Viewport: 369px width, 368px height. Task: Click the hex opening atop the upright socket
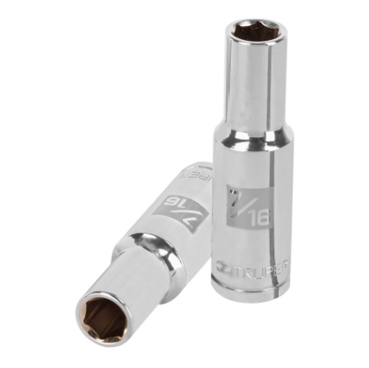245,35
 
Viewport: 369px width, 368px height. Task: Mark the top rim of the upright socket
245,23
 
